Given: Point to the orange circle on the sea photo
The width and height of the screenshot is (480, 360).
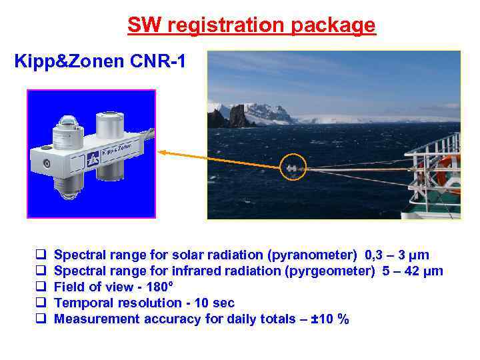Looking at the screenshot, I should click(x=294, y=167).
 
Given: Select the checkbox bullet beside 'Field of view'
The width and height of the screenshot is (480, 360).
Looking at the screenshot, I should click(x=40, y=287).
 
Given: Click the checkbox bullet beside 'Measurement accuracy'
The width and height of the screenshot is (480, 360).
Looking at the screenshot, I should click(x=40, y=319).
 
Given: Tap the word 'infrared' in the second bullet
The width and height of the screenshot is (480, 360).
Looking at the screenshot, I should click(x=196, y=271).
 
